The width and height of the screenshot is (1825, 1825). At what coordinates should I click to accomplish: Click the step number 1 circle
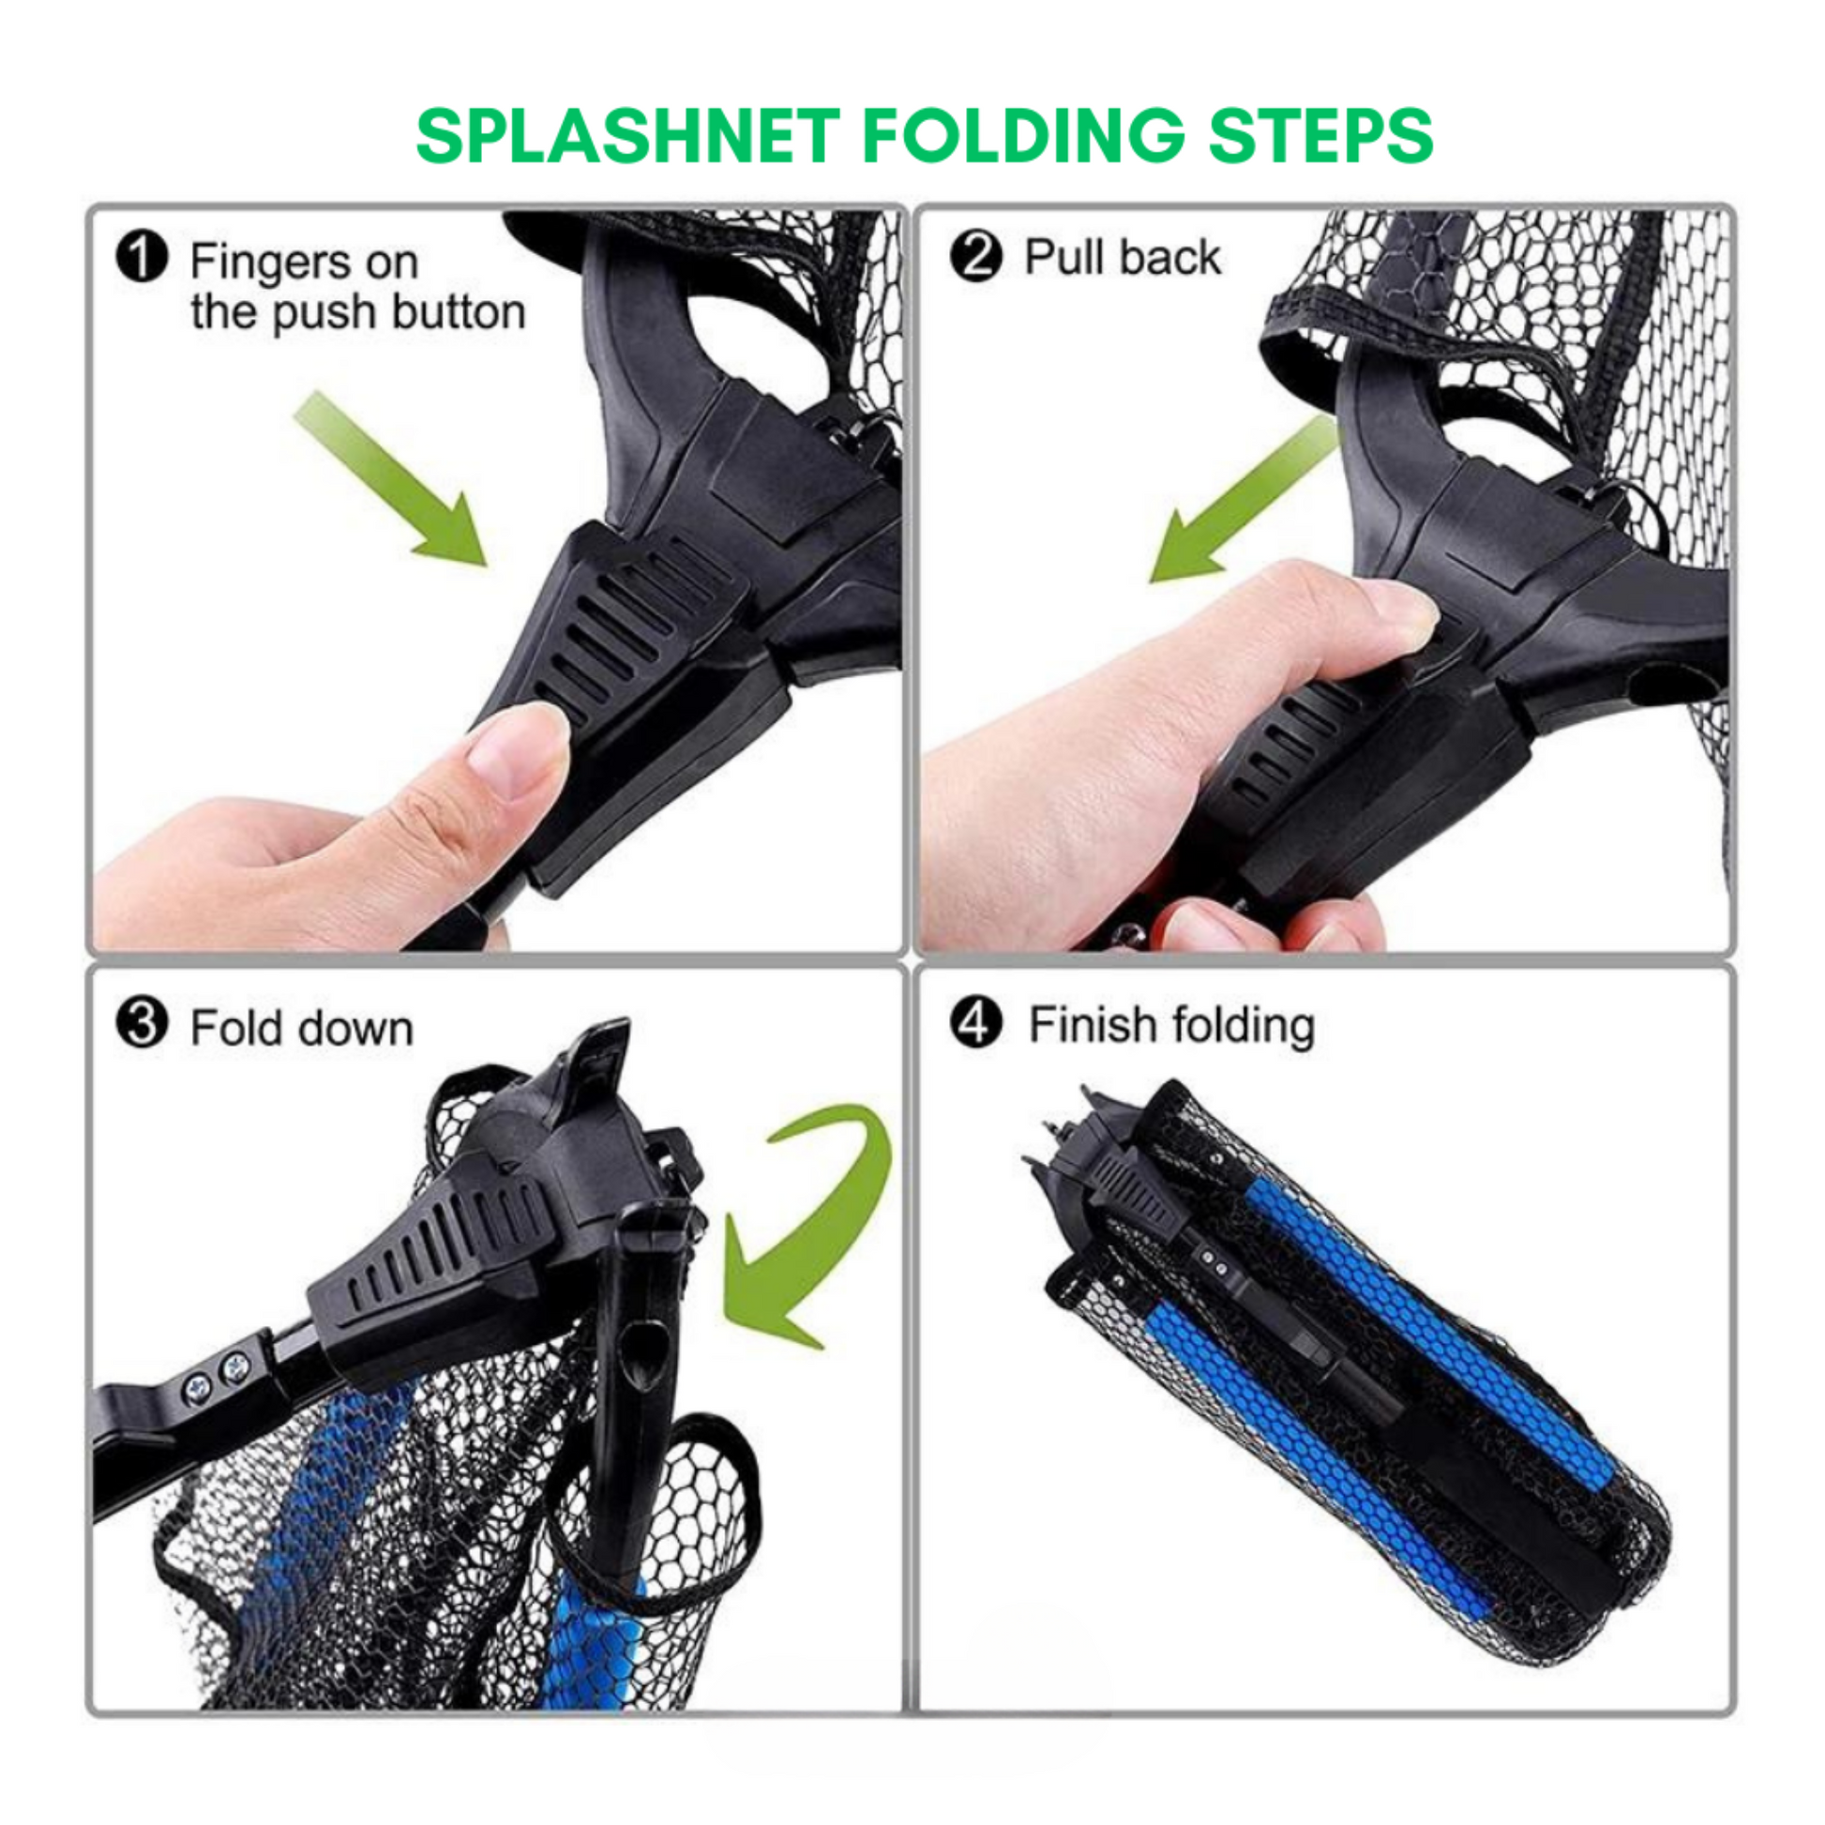(x=142, y=258)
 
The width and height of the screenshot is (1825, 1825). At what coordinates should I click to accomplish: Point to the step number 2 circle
(x=975, y=257)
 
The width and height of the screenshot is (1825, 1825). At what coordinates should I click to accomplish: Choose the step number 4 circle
(x=975, y=1024)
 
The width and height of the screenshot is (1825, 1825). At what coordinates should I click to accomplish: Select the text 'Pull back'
(x=1123, y=257)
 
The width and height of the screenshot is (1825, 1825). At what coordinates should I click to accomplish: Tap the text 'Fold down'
(x=302, y=1028)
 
